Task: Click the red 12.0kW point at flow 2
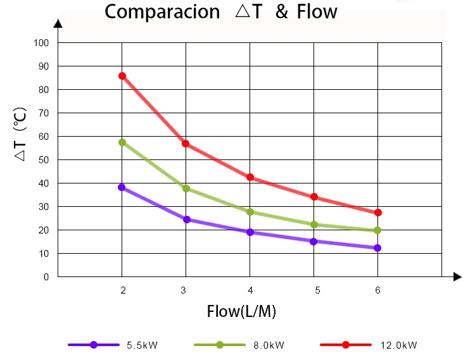coord(122,76)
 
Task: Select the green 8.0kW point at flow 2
coord(122,142)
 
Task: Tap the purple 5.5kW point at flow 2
coord(122,187)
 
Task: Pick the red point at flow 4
coord(250,177)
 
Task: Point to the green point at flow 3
coord(186,189)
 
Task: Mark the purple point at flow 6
coord(377,248)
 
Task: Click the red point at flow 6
coord(378,213)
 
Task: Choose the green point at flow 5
coord(314,225)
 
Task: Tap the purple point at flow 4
coord(250,232)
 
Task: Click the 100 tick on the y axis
coord(42,43)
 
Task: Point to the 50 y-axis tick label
coord(44,160)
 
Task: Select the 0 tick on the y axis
coord(46,277)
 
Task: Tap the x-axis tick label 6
coord(378,290)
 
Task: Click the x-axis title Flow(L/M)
coord(241,312)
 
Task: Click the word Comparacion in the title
coord(161,12)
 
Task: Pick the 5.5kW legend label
coord(142,345)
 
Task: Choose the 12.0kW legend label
coord(398,345)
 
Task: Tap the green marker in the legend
coord(220,345)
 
